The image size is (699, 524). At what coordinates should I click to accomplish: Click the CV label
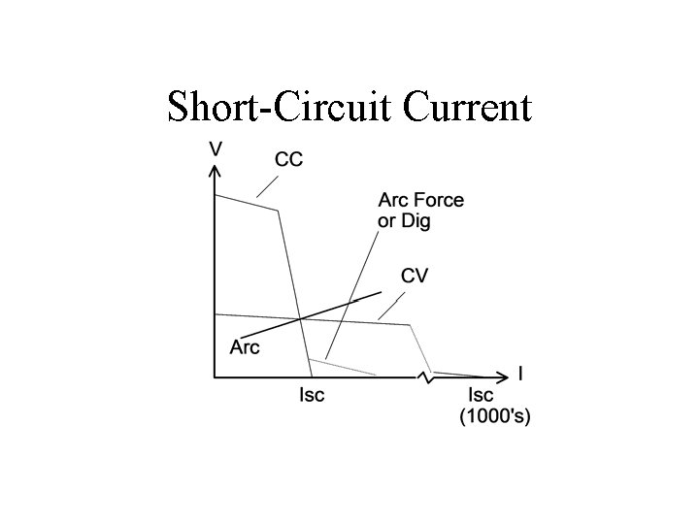[415, 276]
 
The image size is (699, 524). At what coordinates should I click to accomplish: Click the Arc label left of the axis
[245, 346]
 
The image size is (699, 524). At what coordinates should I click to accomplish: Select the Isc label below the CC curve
[312, 395]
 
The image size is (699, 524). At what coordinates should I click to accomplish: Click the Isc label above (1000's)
[481, 395]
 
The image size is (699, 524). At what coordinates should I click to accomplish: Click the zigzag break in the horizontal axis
[424, 376]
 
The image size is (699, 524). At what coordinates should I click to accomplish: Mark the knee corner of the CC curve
[279, 211]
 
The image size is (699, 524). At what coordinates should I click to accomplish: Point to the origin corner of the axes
[215, 376]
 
